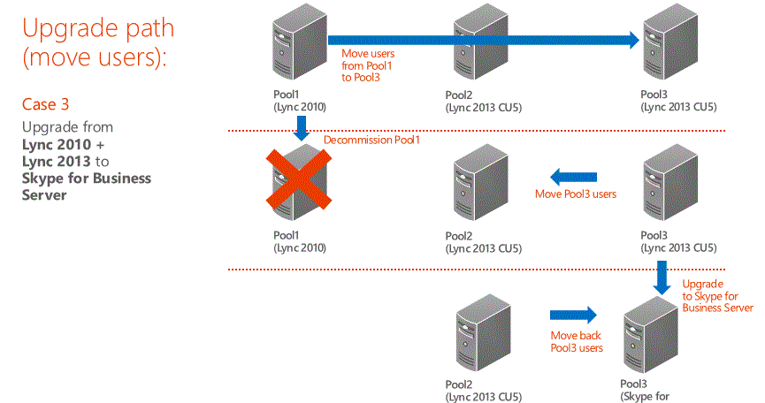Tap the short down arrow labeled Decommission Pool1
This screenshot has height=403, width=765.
tap(302, 131)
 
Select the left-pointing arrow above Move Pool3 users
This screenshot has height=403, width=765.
tap(575, 178)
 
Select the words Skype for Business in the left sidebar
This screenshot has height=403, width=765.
tap(86, 179)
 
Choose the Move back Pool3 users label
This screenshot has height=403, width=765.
tap(577, 341)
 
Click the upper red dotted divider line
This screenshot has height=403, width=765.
tap(478, 131)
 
